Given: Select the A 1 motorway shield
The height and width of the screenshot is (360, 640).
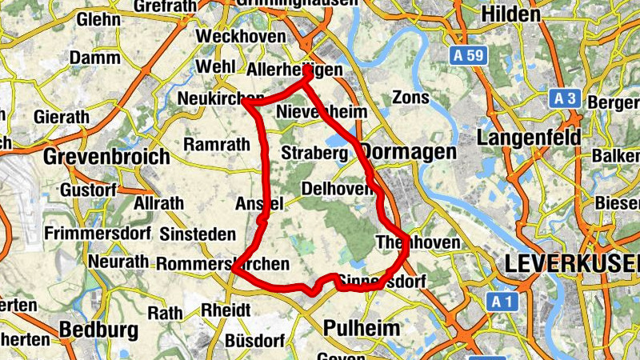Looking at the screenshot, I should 501,302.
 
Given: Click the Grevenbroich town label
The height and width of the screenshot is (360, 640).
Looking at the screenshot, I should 107,155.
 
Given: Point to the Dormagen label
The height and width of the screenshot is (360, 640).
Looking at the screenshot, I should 408,151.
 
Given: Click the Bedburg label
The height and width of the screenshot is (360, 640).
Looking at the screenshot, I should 98,330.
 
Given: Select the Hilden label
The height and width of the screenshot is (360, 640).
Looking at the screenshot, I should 511,14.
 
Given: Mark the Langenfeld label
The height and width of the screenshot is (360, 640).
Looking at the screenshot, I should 529,138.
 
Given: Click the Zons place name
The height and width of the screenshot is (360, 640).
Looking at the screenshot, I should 410,98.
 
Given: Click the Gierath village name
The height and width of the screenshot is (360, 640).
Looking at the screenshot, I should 62,117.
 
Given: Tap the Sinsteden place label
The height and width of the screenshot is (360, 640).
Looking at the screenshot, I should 198,234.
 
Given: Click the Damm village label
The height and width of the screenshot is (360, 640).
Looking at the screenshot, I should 95,58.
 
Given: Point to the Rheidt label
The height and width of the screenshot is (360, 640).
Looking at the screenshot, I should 227,310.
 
